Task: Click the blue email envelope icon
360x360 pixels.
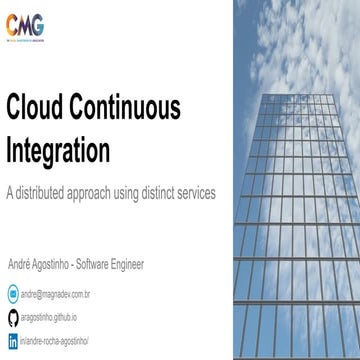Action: tap(13, 295)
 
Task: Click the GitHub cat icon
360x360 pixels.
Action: tap(13, 318)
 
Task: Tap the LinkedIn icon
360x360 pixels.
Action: tap(13, 341)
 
